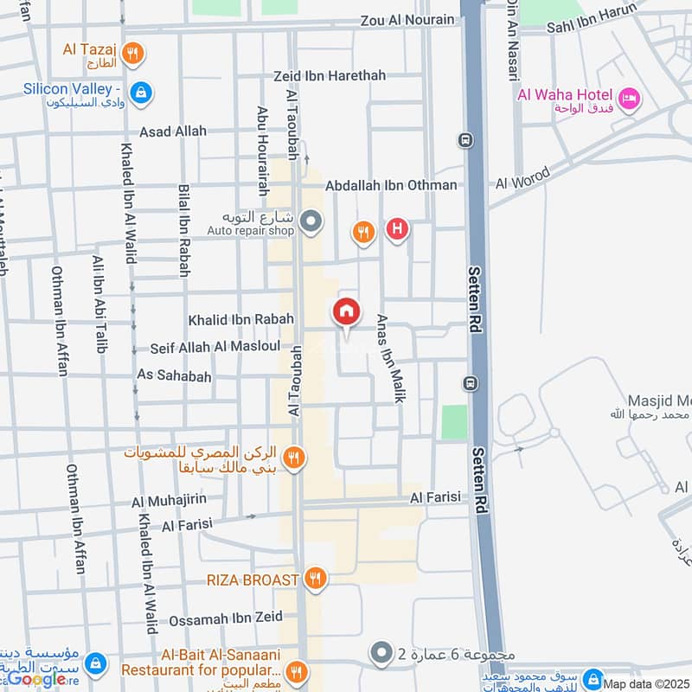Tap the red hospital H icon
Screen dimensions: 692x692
click(x=397, y=229)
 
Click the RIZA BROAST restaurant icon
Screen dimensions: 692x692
click(x=317, y=579)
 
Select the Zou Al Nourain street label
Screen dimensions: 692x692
click(x=407, y=20)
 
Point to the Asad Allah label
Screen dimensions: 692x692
click(x=173, y=131)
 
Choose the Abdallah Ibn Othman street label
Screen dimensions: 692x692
click(x=391, y=185)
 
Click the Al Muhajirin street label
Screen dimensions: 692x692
click(x=168, y=501)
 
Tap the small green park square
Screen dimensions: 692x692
click(x=454, y=422)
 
